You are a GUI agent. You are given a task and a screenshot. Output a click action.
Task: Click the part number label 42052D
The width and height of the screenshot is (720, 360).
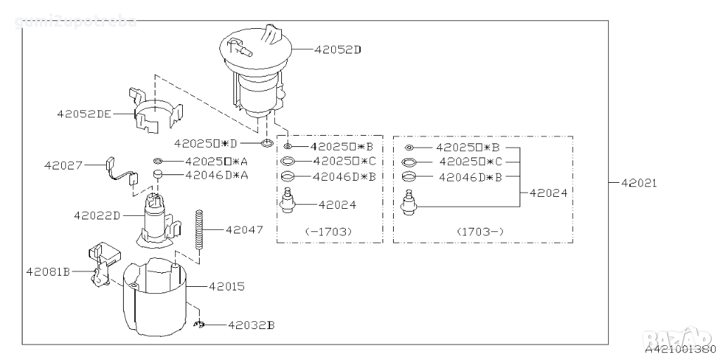337,50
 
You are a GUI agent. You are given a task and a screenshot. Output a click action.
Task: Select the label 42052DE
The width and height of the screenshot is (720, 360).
84,112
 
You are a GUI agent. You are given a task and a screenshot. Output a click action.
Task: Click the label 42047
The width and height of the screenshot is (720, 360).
244,229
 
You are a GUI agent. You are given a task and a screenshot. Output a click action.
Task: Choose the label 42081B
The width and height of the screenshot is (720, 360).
49,271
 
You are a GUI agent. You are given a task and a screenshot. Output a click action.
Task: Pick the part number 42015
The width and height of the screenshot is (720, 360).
226,286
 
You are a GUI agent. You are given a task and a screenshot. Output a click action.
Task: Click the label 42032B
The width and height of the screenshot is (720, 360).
250,325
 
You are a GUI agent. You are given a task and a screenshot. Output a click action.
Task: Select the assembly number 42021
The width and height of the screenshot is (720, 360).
638,183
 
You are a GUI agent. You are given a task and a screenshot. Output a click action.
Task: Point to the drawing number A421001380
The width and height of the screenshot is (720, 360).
679,349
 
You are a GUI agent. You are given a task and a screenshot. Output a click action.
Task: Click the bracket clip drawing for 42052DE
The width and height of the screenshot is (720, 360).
156,114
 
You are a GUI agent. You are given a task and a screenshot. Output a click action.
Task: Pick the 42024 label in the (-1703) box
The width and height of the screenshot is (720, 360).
337,205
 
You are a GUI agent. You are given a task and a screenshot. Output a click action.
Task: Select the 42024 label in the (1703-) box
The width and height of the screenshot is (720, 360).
548,191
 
